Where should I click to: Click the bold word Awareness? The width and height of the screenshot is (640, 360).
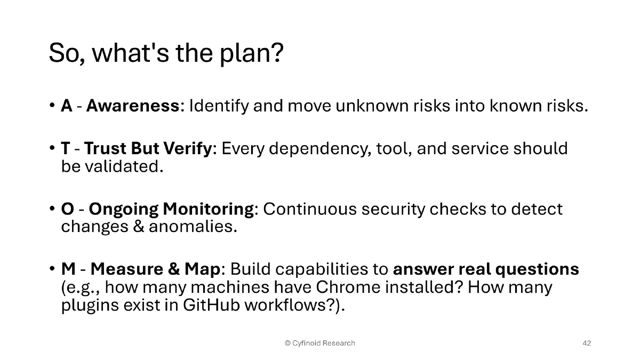[133, 106]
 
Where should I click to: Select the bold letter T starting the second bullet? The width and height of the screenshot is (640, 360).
[66, 148]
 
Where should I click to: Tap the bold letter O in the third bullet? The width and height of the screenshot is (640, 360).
[67, 209]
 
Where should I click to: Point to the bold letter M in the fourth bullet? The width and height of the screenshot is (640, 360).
[68, 269]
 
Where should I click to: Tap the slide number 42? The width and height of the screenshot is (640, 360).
[586, 343]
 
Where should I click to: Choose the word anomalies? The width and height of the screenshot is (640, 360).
[192, 227]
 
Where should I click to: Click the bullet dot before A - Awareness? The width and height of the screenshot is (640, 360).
[52, 106]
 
